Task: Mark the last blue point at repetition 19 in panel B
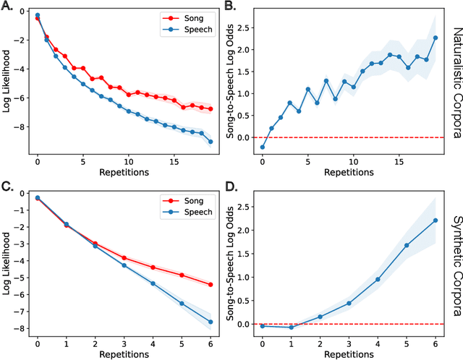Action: tap(436, 38)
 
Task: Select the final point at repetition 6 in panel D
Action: tap(436, 220)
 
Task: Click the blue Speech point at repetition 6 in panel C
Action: tap(211, 322)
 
